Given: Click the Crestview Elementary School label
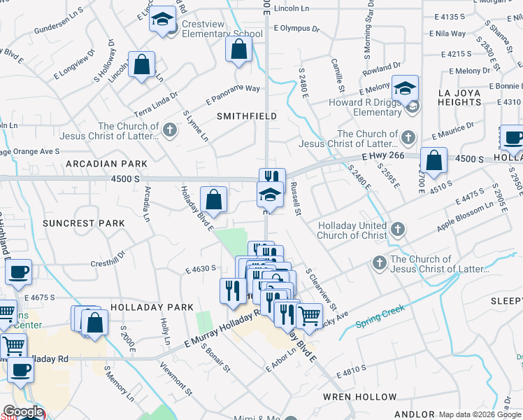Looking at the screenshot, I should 222,28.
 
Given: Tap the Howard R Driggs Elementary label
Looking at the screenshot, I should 366,107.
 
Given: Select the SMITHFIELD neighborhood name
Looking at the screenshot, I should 246,115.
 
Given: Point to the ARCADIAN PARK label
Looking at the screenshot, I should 106,163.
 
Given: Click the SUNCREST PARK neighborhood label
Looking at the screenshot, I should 83,223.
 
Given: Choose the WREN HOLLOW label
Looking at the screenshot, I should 360,396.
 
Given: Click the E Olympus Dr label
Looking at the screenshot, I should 296,29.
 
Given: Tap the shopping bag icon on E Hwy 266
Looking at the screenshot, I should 434,160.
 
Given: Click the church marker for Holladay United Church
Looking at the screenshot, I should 397,229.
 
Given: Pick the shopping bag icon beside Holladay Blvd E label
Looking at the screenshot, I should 214,199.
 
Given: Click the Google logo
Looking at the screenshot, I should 23,412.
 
